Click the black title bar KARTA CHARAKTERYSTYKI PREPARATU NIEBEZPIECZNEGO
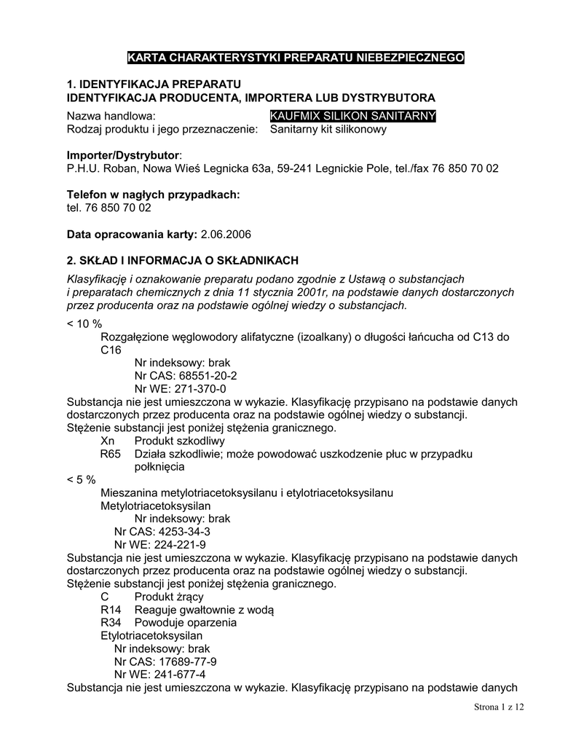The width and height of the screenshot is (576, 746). [x=294, y=58]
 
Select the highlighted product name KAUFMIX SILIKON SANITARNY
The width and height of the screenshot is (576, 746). [x=352, y=116]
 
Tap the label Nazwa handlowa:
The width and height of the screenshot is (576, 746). [x=111, y=116]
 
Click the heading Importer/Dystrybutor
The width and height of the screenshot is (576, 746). [x=122, y=155]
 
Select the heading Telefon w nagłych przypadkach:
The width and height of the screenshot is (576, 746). [x=153, y=195]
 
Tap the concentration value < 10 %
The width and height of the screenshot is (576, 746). [x=84, y=323]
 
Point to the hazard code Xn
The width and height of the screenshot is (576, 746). [x=108, y=441]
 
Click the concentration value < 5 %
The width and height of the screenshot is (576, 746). [x=82, y=479]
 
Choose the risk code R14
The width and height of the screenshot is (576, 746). [x=111, y=610]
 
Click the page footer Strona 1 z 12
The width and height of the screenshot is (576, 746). [x=499, y=707]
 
